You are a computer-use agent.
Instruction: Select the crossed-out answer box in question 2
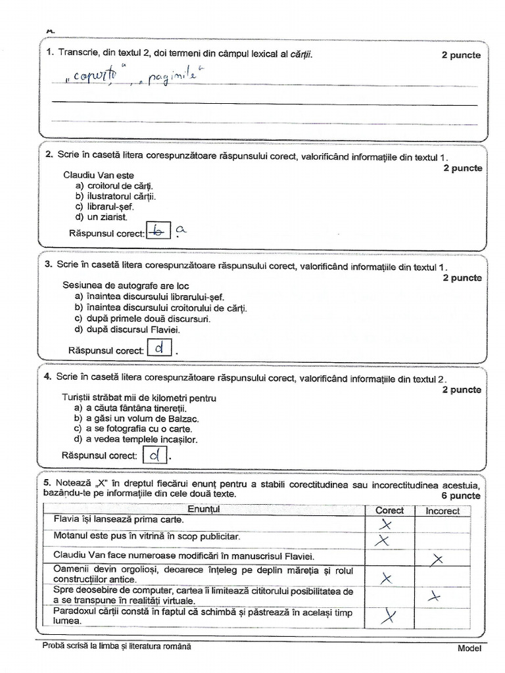[x=157, y=231]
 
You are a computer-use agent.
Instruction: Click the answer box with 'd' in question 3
[x=158, y=348]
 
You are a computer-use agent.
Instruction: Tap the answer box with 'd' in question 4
[x=155, y=454]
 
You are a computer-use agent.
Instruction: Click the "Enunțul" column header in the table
[x=204, y=509]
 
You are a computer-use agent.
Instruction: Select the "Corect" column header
[x=389, y=510]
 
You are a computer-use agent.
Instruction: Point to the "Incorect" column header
[x=443, y=510]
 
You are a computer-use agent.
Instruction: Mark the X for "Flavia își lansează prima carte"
[x=387, y=524]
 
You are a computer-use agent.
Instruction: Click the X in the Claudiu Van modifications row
[x=437, y=559]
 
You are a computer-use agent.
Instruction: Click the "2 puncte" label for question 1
[x=461, y=55]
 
